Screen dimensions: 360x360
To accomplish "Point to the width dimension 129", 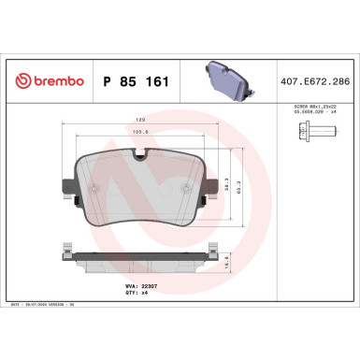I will point(141,121).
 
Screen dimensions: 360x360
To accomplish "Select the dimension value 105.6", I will point(141,132).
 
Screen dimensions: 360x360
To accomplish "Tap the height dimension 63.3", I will point(245,193).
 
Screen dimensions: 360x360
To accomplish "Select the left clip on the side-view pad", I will point(67,250).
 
